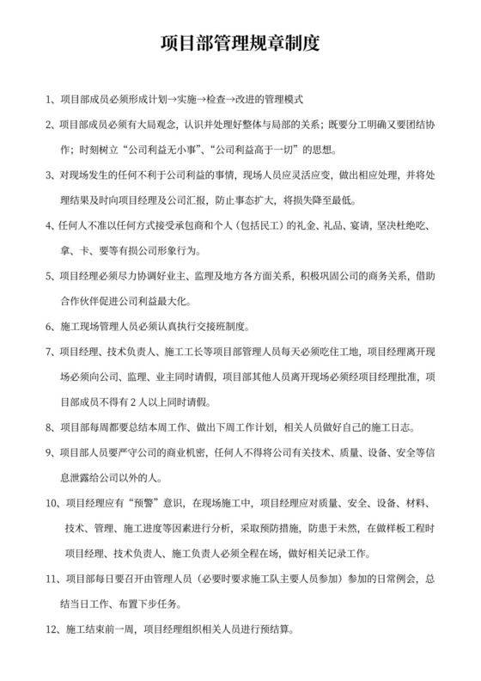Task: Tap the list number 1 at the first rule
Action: pos(48,98)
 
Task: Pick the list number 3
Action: pos(48,176)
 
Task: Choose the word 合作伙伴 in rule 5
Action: pos(82,302)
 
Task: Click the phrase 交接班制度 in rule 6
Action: pos(220,327)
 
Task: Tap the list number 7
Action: pos(48,353)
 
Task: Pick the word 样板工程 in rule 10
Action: pos(405,528)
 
